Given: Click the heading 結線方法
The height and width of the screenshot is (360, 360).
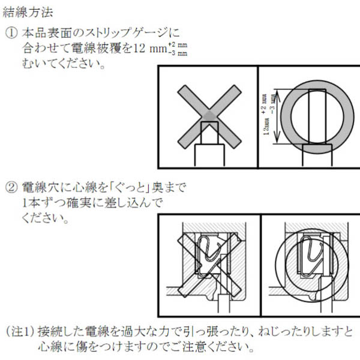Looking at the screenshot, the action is click(x=28, y=12).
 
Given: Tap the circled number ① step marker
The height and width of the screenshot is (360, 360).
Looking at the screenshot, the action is click(x=11, y=33).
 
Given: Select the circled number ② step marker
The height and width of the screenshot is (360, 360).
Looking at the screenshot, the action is click(x=11, y=187).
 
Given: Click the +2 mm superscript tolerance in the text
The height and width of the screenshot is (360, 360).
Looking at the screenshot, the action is click(x=178, y=44).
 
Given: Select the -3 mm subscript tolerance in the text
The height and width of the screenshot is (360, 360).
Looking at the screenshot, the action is click(x=178, y=53).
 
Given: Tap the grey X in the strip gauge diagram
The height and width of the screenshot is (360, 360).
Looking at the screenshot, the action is click(x=209, y=117).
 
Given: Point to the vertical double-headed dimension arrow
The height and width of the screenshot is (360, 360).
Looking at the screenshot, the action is click(x=277, y=116).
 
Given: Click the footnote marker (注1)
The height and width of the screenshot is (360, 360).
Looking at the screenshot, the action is click(x=20, y=331).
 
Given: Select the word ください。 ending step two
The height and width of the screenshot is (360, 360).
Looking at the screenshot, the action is click(x=45, y=218).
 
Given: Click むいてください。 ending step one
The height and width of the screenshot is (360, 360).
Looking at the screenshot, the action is click(x=64, y=64).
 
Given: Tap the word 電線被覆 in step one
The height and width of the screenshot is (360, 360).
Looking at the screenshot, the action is click(x=97, y=48).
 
